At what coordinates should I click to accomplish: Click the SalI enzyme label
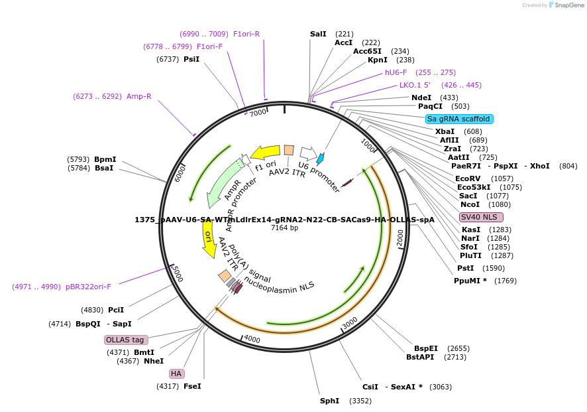tap(318, 34)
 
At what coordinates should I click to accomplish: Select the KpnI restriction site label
tap(377, 60)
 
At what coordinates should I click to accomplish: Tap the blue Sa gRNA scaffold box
tap(459, 119)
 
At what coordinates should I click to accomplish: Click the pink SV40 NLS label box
tap(481, 217)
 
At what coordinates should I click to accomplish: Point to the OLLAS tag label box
tap(125, 340)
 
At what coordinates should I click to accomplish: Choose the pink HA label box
tap(176, 374)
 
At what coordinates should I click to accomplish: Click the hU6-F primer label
tap(396, 72)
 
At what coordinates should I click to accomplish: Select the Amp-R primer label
tap(138, 96)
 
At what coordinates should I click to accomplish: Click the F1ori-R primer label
tap(246, 34)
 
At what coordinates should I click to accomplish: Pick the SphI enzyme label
tap(329, 401)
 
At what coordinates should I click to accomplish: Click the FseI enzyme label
tap(192, 386)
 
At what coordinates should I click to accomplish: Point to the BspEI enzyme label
tap(426, 348)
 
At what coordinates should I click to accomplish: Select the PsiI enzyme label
tap(191, 59)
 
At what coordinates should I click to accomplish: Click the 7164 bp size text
tap(285, 228)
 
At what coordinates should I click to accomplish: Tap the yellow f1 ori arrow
tap(265, 152)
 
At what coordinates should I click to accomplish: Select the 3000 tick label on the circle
tap(350, 322)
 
